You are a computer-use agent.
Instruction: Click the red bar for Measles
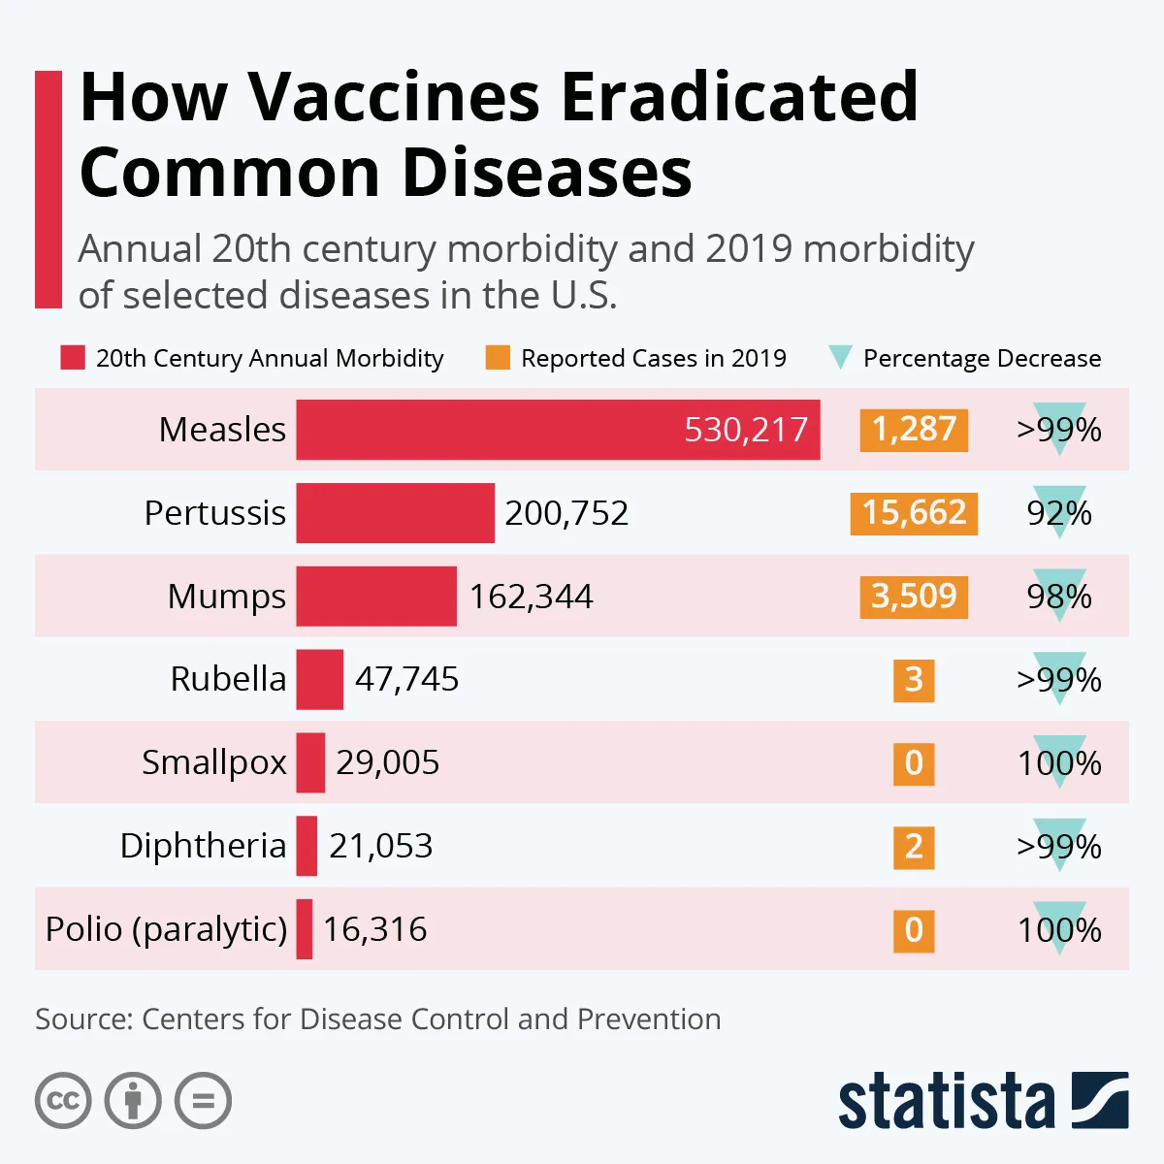(558, 430)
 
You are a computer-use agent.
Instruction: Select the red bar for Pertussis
(395, 513)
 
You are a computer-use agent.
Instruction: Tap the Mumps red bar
(376, 597)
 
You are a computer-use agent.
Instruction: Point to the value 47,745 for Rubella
(406, 679)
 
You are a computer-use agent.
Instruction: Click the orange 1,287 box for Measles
(914, 430)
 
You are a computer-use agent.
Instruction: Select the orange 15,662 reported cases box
(914, 513)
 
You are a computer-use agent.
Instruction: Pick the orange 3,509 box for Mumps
(914, 597)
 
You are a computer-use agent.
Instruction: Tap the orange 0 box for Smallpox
(914, 763)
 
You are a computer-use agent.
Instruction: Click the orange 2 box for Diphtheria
(914, 847)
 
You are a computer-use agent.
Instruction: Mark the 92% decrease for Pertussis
(1059, 513)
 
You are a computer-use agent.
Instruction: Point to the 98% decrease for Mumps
(1059, 597)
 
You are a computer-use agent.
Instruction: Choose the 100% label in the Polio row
(1059, 930)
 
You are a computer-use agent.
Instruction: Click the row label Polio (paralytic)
(166, 929)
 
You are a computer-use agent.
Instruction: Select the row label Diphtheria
(203, 846)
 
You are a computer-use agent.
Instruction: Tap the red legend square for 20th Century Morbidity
(73, 358)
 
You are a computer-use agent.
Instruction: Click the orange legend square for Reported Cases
(498, 358)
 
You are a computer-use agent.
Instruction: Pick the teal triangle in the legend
(840, 358)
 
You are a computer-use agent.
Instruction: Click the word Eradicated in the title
(739, 97)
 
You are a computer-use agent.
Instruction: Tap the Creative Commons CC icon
(63, 1101)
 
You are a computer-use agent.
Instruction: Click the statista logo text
(946, 1102)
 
